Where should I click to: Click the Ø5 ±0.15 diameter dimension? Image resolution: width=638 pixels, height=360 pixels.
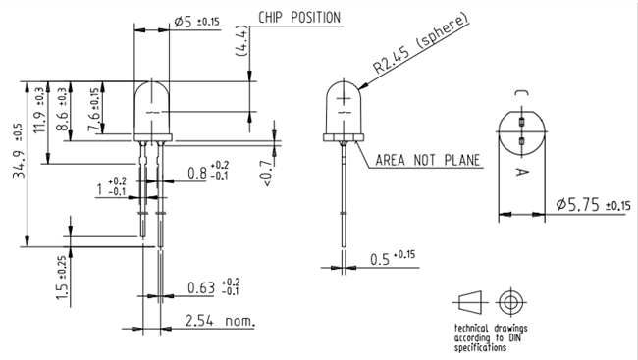tap(196, 21)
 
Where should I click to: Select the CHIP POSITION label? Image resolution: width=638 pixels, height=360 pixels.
tap(299, 18)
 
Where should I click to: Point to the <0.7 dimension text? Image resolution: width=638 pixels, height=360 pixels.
tap(268, 172)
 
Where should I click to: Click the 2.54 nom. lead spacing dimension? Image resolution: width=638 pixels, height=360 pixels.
tap(220, 321)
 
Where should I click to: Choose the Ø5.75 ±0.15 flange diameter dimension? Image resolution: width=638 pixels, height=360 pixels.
tap(592, 205)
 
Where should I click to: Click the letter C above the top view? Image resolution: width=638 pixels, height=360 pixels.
tap(521, 92)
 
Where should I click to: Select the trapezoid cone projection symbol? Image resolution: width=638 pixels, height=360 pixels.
tap(470, 300)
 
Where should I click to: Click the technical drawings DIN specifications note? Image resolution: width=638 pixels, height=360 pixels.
tap(483, 337)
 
